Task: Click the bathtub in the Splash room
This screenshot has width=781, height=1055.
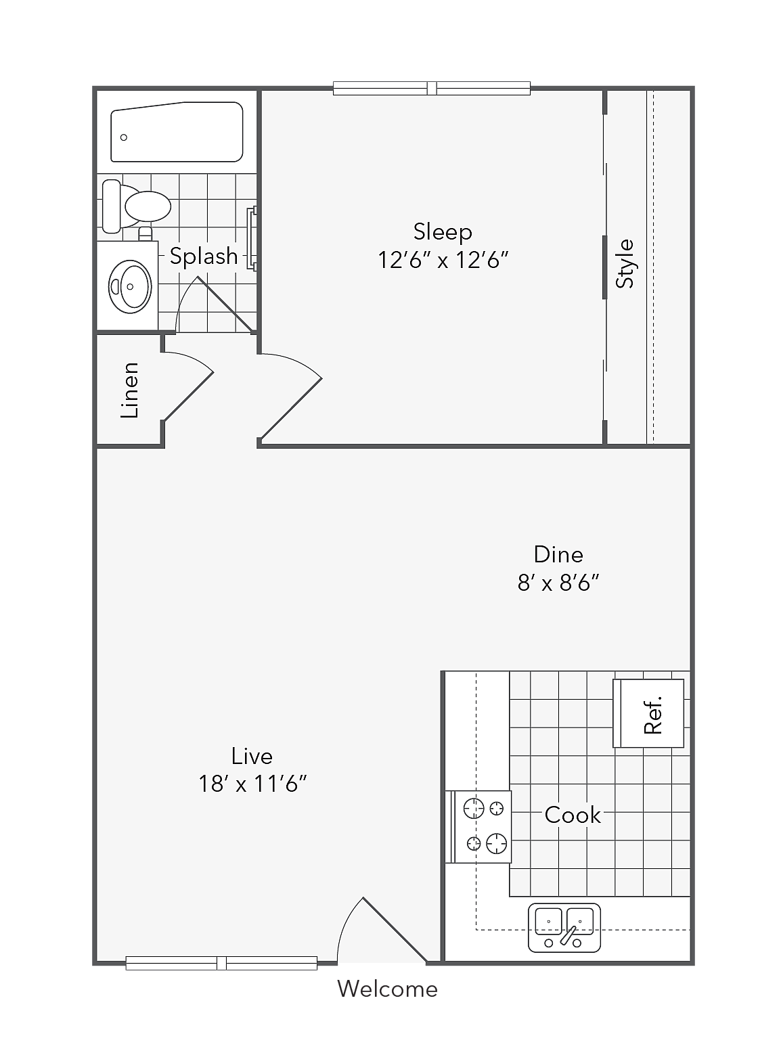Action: tap(177, 132)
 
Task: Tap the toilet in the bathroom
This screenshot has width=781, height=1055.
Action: tap(137, 206)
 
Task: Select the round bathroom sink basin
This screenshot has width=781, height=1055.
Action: tap(130, 286)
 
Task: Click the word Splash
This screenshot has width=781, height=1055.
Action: tap(204, 256)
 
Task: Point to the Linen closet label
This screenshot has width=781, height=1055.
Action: tap(129, 390)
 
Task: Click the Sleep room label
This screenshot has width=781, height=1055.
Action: tap(443, 232)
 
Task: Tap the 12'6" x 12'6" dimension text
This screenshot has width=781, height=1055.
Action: tap(443, 260)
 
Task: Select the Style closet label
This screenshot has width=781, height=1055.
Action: tap(625, 263)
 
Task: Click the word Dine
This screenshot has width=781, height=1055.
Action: tap(558, 554)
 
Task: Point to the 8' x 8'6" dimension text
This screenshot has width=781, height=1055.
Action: tap(558, 582)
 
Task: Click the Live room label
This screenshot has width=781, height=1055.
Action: tap(252, 756)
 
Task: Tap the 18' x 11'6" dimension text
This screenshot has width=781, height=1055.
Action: tap(252, 784)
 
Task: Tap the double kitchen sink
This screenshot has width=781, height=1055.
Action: tap(564, 928)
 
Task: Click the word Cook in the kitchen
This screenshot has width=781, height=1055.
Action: tap(573, 815)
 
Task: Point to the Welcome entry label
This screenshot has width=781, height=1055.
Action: tap(388, 989)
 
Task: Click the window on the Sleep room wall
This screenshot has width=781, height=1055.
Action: tap(431, 88)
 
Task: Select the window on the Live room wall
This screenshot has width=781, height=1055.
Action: tap(221, 963)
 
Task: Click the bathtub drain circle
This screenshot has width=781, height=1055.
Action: tap(124, 137)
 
